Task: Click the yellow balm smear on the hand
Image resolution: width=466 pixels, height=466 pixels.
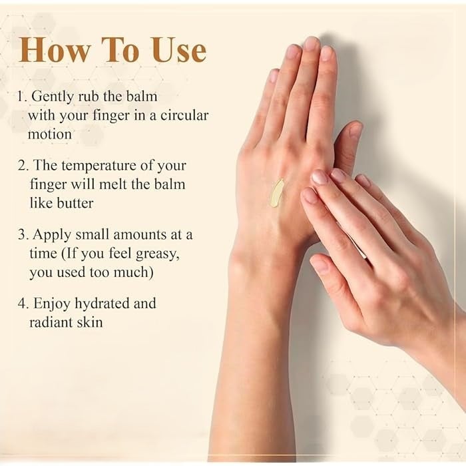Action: pyautogui.click(x=276, y=192)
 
